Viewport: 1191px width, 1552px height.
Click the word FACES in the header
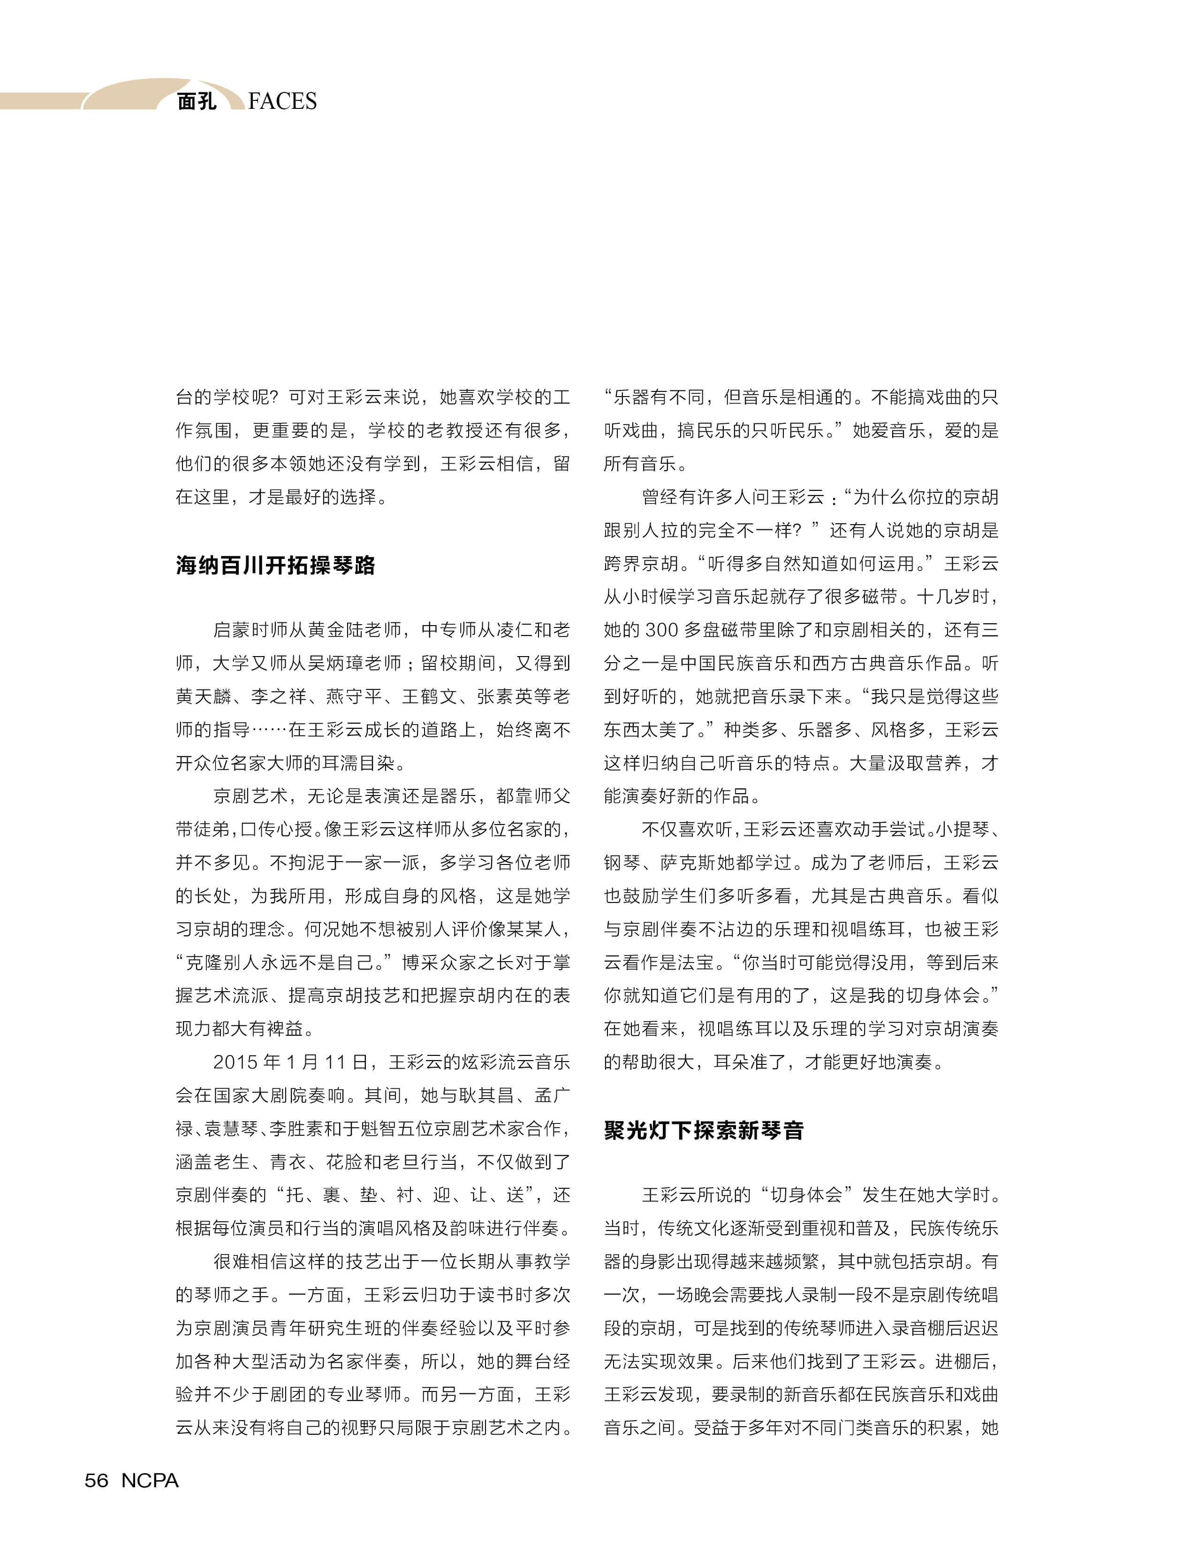[282, 101]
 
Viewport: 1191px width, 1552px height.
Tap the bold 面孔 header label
[197, 101]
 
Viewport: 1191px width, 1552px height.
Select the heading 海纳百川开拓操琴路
[276, 566]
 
